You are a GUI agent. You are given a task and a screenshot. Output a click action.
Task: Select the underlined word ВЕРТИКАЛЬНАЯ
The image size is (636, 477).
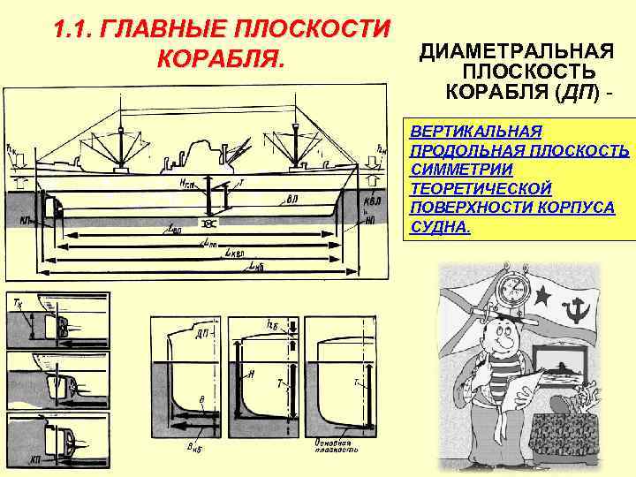point(475,132)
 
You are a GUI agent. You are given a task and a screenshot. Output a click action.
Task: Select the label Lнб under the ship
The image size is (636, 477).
point(257,264)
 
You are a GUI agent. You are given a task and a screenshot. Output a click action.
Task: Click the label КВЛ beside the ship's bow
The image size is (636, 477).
point(373,200)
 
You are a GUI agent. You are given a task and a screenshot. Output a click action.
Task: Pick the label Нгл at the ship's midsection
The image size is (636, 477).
point(189,183)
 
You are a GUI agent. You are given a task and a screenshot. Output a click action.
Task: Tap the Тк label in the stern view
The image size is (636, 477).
point(19,302)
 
